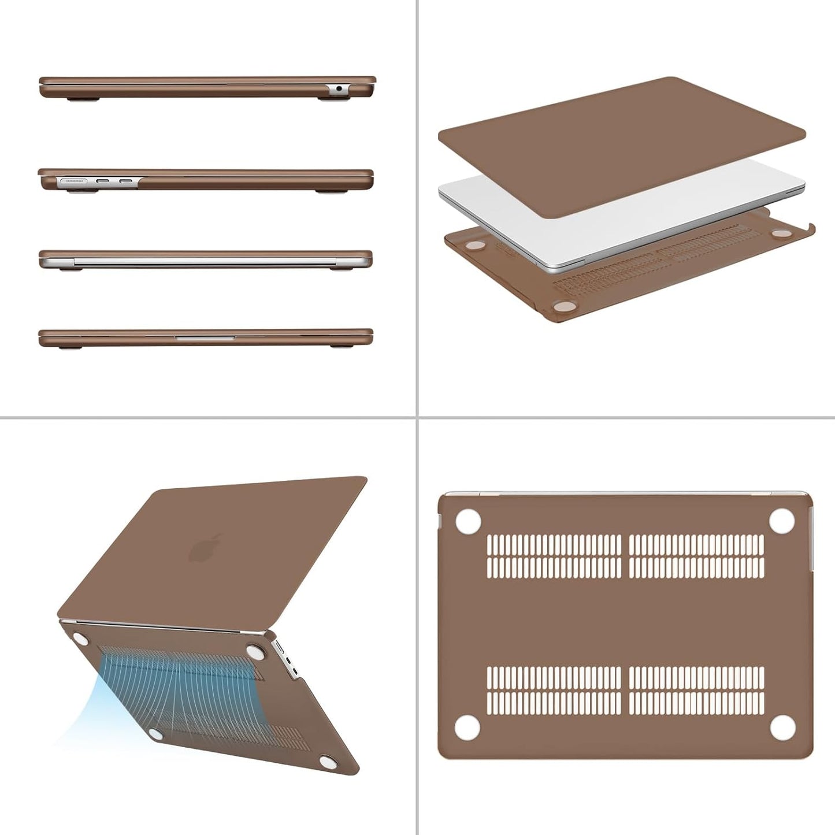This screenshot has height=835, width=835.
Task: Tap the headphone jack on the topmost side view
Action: point(339,89)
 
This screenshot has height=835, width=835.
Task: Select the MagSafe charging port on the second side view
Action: point(72,181)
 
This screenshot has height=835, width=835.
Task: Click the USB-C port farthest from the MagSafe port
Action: point(125,181)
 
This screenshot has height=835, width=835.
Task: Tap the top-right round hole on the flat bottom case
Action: point(781,521)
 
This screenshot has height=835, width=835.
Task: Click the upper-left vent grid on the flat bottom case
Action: point(554,556)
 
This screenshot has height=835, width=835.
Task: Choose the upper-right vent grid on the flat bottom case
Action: point(696,556)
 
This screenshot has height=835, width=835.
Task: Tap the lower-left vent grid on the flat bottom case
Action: point(554,690)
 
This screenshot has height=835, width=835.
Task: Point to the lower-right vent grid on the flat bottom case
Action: point(696,690)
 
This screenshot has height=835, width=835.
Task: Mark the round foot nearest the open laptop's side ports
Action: point(254,651)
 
